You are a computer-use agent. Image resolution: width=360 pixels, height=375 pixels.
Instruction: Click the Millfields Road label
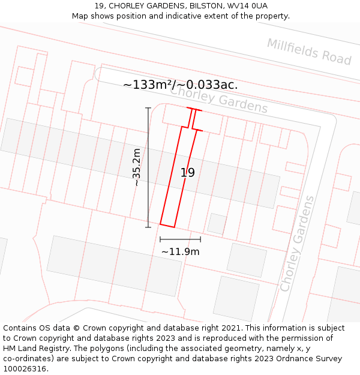[x=309, y=52]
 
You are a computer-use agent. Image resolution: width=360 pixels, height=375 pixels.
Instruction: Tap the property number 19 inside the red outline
[x=188, y=173]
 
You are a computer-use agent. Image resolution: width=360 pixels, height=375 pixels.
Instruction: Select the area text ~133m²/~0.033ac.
[x=180, y=85]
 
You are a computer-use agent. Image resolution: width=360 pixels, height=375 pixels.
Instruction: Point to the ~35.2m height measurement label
[x=137, y=167]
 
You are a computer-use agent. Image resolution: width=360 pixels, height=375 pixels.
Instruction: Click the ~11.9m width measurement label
[x=180, y=251]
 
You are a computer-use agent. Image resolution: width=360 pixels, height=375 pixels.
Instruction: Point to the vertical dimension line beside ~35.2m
[x=148, y=167]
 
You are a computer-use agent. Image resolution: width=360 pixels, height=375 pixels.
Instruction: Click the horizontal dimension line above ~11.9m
[x=180, y=239]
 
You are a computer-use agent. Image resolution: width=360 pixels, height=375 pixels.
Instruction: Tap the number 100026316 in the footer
[x=25, y=369]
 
